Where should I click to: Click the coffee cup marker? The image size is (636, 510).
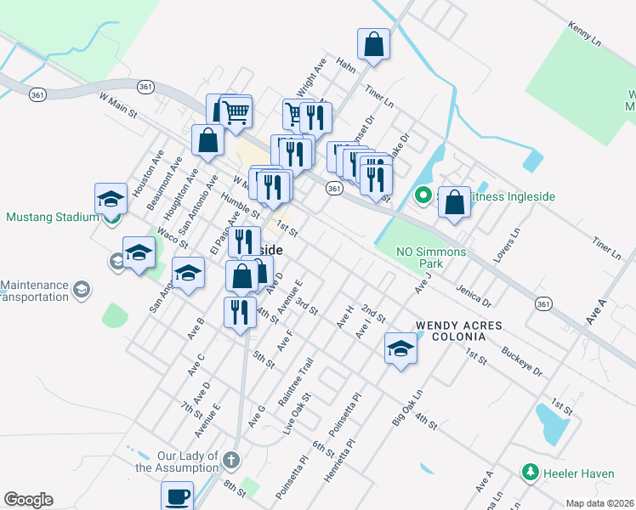177,496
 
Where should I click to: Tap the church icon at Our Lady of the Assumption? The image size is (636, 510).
230,462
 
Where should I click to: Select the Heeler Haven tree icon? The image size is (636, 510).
530,471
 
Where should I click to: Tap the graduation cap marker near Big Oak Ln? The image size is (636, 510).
401,348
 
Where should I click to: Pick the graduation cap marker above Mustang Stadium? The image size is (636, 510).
111,200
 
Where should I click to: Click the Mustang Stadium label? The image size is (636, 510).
53,217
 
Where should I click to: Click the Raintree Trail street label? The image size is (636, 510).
296,382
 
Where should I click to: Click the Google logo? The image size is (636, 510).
28,500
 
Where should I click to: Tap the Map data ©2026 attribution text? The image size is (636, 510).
599,503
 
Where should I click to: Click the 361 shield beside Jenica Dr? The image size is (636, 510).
544,303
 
